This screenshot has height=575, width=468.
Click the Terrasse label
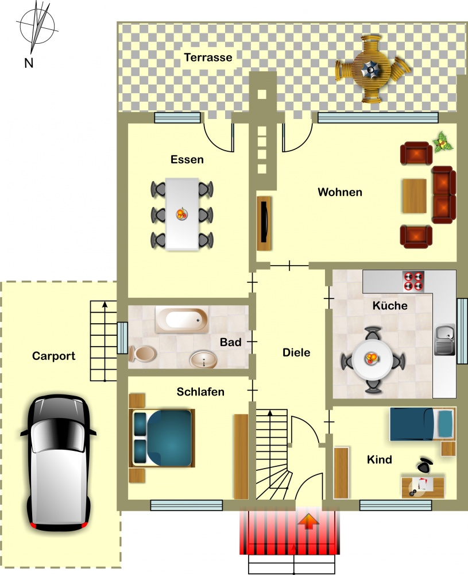click(x=208, y=57)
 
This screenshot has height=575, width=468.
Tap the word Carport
click(x=54, y=356)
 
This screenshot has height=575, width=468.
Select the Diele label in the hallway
click(x=296, y=352)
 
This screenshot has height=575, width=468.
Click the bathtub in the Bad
click(x=181, y=319)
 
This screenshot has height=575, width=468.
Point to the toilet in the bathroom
click(x=143, y=354)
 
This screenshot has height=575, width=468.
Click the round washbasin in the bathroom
click(x=203, y=359)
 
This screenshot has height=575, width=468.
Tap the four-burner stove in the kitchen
click(x=413, y=281)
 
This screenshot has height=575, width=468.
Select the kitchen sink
click(x=444, y=340)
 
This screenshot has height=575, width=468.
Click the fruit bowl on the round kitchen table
click(x=372, y=358)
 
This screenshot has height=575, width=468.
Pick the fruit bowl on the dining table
click(x=181, y=214)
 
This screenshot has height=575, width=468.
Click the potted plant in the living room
click(x=443, y=142)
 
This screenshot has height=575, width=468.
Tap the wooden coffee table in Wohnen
click(x=415, y=196)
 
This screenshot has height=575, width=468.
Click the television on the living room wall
click(x=264, y=223)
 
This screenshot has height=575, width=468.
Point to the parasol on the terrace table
click(x=372, y=69)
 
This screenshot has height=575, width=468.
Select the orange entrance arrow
click(x=308, y=522)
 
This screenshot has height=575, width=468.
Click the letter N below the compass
click(x=29, y=63)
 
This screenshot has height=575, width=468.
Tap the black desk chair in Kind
click(x=424, y=465)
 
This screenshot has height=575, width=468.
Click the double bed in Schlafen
click(x=162, y=438)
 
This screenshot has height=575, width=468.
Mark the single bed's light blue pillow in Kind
click(x=445, y=424)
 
